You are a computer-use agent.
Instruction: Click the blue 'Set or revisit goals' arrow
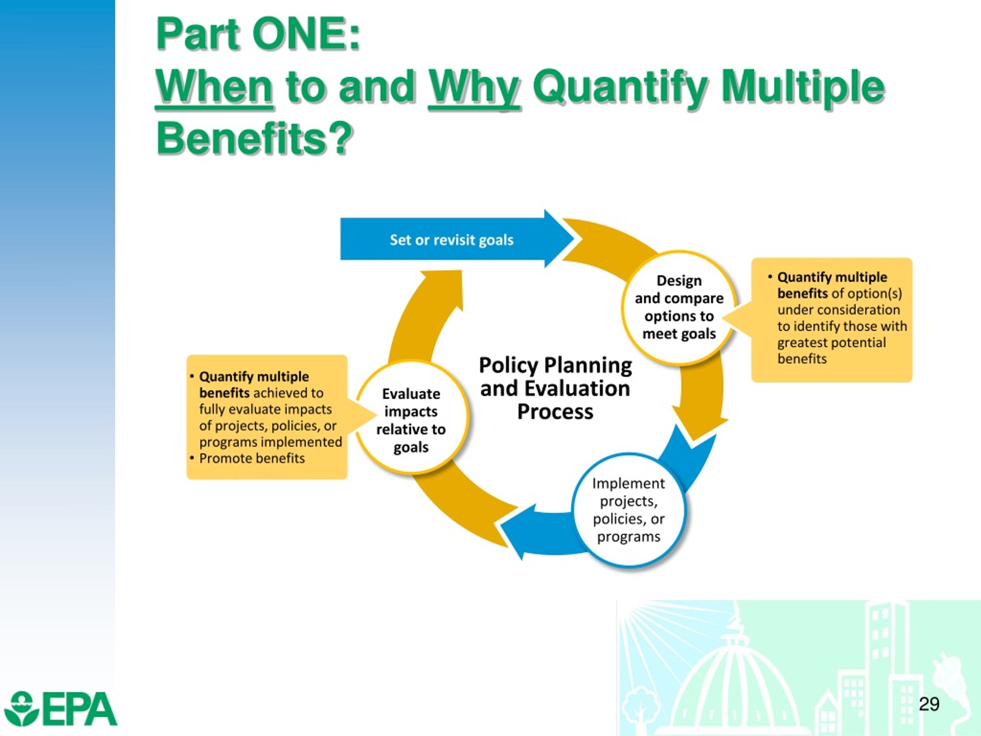451,240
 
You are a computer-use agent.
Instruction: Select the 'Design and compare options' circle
679,307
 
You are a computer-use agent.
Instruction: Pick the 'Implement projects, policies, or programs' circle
628,510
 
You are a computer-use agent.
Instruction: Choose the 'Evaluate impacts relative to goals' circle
411,420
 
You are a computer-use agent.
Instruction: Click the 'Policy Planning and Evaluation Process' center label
555,388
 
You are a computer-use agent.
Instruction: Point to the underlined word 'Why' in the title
474,87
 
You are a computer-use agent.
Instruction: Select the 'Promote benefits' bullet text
252,458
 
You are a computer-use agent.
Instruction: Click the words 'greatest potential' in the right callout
832,342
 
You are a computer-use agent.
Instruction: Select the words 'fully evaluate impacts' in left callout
265,409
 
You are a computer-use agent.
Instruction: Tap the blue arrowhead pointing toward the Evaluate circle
517,530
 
